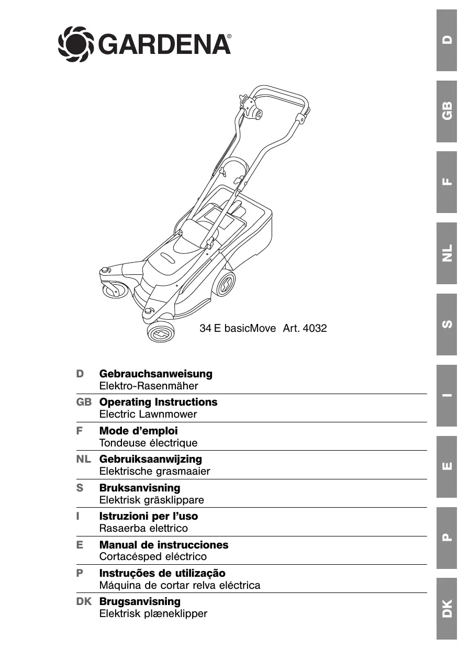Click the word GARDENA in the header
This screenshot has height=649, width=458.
[x=164, y=44]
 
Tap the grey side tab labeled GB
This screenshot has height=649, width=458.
[x=446, y=111]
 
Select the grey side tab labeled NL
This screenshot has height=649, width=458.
[x=446, y=253]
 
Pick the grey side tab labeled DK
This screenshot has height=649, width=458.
[x=446, y=609]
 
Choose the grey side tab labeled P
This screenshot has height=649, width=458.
[x=446, y=538]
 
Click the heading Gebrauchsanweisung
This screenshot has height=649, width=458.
[x=156, y=374]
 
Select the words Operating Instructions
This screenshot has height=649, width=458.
[x=158, y=402]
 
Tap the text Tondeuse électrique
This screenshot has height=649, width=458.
[x=148, y=443]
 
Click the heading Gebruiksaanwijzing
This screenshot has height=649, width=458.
[x=151, y=459]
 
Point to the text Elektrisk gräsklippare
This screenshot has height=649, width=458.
[x=151, y=500]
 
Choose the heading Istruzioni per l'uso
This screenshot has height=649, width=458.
[x=149, y=516]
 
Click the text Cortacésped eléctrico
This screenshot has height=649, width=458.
[x=153, y=556]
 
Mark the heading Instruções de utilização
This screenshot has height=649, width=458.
[x=162, y=573]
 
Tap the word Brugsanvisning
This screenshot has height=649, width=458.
[x=140, y=601]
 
